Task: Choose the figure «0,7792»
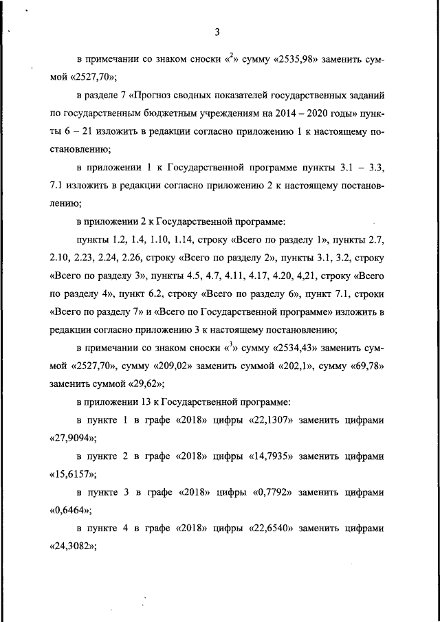280,492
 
